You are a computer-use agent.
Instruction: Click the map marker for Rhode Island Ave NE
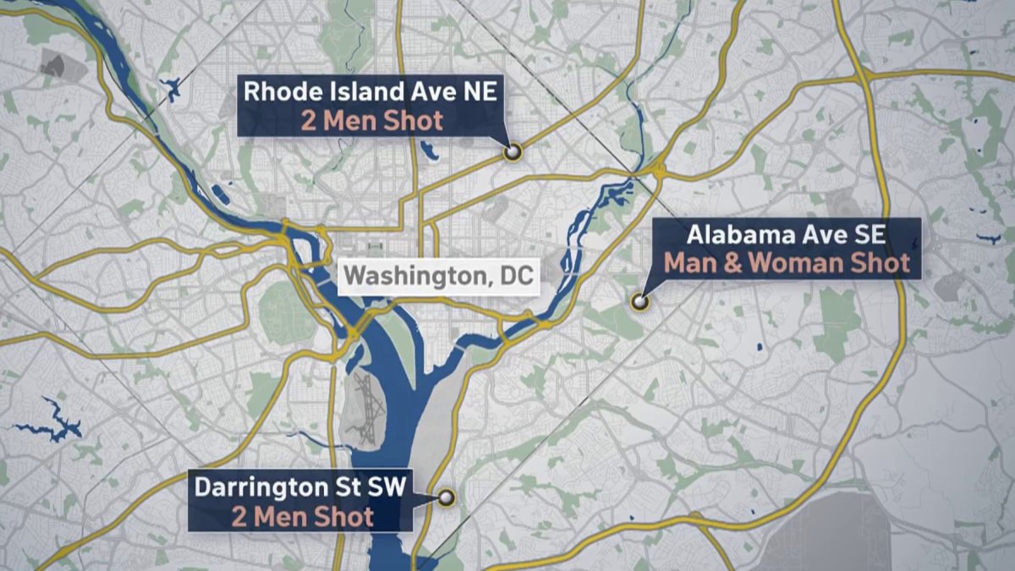[511, 152]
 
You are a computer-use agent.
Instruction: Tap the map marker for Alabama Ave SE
[639, 300]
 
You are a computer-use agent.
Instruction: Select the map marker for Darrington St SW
[445, 497]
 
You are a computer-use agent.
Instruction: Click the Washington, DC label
[440, 277]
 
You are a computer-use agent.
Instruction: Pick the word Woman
[797, 263]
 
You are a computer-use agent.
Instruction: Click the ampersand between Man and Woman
[733, 263]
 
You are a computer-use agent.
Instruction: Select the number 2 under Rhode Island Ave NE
[308, 121]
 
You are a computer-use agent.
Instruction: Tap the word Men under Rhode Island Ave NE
[349, 121]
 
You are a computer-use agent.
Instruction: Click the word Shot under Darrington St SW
[343, 517]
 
